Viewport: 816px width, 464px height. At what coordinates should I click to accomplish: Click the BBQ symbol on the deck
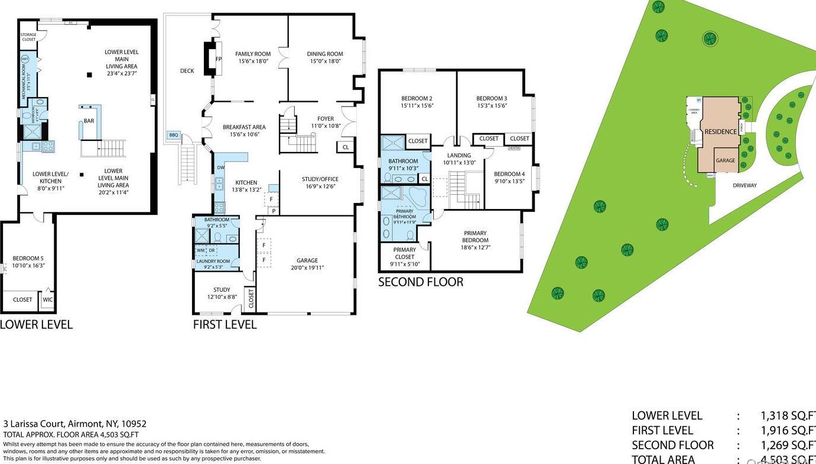(173, 135)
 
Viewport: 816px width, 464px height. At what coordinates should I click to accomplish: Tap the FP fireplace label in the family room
(218, 59)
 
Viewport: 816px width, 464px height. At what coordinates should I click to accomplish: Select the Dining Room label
(325, 54)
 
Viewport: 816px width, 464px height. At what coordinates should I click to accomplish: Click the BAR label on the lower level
(89, 121)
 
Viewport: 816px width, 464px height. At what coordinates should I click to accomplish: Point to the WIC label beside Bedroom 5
(47, 299)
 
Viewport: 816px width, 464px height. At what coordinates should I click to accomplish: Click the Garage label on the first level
(307, 260)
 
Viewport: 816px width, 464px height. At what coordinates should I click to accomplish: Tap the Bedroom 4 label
(509, 174)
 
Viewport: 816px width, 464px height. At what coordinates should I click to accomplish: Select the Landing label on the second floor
(459, 156)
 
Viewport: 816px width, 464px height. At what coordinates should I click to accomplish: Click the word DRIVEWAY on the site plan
(745, 185)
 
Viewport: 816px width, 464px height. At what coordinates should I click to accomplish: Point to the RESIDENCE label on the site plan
(720, 131)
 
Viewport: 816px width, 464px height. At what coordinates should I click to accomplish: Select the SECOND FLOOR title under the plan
(420, 282)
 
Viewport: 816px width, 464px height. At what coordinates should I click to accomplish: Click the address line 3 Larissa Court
(75, 424)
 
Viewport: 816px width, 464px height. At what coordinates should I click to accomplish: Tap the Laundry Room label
(213, 261)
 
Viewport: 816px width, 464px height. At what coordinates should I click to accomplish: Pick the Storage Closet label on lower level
(28, 37)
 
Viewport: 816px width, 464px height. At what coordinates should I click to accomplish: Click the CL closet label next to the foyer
(345, 147)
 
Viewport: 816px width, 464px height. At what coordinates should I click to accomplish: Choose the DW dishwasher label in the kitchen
(220, 167)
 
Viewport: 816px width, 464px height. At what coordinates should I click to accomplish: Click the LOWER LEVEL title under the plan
(36, 324)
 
